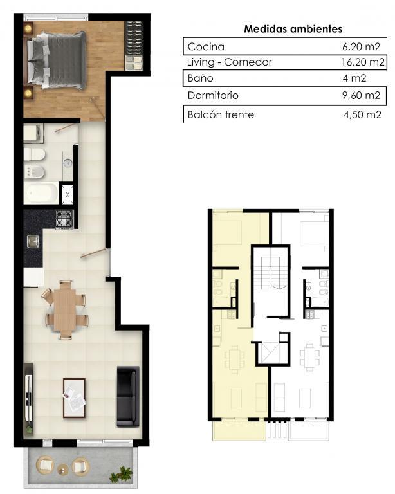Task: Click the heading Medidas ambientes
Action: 293,29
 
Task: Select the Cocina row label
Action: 206,46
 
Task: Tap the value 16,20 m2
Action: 363,62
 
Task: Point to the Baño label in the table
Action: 200,78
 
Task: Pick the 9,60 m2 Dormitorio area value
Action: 362,95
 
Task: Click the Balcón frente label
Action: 221,114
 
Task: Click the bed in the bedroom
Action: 57,60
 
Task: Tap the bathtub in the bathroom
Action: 41,193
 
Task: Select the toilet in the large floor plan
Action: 34,154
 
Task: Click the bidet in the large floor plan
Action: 34,172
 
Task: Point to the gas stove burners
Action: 64,219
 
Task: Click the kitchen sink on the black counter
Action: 33,241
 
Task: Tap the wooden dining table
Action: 64,309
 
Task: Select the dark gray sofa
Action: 128,396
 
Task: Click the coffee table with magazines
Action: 74,398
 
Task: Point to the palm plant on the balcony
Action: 121,474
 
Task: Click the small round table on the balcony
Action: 63,469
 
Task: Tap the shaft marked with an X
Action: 68,194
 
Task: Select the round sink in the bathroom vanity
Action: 68,163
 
